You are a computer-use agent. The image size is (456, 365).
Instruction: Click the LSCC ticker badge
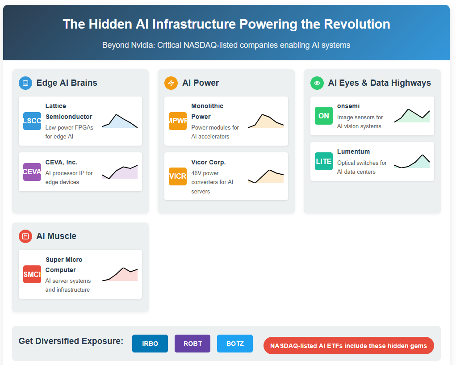coord(32,121)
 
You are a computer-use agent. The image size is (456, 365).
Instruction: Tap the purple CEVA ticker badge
coord(32,172)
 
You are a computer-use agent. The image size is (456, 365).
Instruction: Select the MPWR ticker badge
coord(178,121)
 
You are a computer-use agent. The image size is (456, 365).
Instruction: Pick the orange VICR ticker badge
coord(178,176)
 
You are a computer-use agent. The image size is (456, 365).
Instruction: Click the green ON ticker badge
coord(324,116)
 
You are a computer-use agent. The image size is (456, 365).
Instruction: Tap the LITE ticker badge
coord(324,161)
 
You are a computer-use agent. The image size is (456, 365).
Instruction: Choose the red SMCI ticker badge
coord(32,274)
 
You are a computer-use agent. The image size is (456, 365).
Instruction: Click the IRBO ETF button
coord(150,344)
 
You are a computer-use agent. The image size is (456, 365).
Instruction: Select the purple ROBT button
coord(192,344)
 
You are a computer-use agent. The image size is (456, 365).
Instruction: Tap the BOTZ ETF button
coord(235,344)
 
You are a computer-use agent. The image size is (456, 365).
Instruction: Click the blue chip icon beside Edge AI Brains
coord(25,83)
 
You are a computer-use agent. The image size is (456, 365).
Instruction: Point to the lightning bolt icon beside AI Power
coord(171,83)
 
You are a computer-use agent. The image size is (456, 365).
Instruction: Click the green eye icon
coord(317,83)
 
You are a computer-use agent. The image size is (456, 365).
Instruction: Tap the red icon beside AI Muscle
coord(25,236)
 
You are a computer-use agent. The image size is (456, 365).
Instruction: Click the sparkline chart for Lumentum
coord(412,161)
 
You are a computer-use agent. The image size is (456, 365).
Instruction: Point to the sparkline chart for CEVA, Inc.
coord(120,172)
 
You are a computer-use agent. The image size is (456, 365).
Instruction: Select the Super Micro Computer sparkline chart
coord(120,274)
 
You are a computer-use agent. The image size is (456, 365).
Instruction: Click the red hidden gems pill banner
coord(349,346)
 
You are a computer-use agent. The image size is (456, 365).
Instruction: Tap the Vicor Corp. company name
coord(209,162)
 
